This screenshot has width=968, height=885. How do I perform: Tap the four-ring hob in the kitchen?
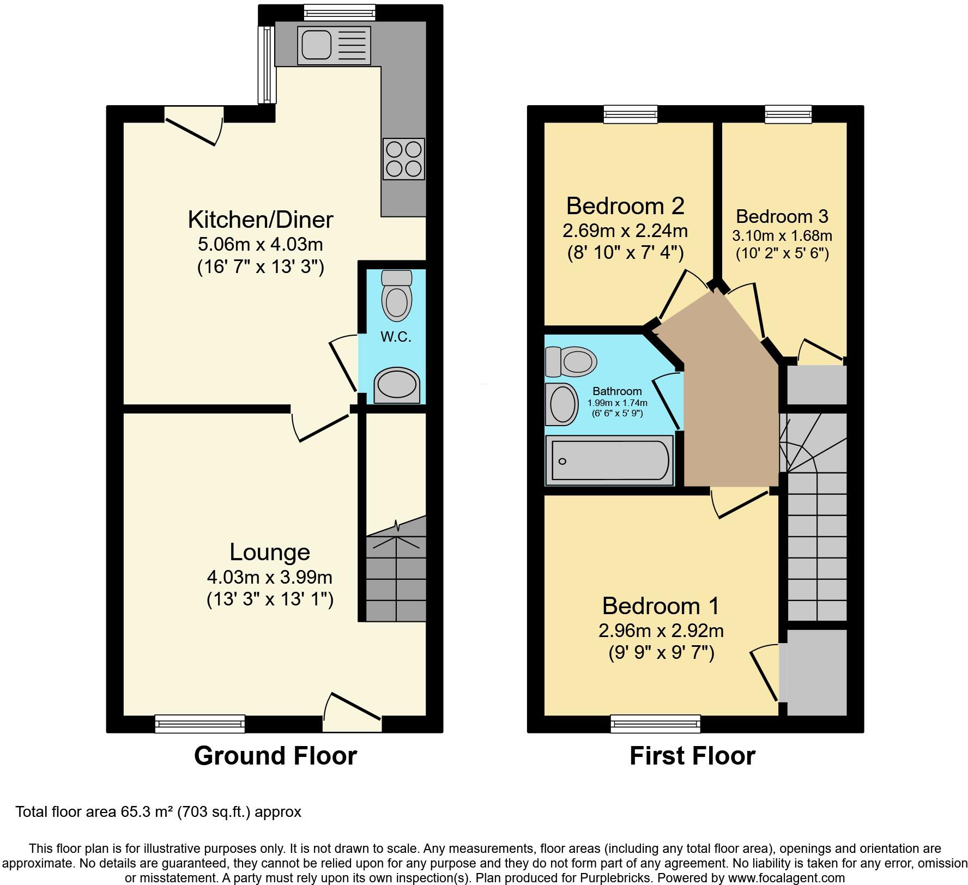coord(404,159)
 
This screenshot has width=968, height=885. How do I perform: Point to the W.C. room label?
coord(396,337)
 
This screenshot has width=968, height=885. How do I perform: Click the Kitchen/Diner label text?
coord(261,220)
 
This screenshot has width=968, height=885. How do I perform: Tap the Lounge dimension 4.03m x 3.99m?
coord(270,577)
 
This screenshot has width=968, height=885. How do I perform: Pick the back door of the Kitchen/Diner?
coord(194,125)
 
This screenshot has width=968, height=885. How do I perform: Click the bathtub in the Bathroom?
coord(610,460)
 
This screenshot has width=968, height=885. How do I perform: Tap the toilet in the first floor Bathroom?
coord(571,361)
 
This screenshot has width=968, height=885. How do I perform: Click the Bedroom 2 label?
coord(625,206)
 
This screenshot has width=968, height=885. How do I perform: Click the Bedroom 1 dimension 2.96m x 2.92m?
coord(661,631)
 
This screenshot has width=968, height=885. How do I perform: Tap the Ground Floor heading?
coord(275,756)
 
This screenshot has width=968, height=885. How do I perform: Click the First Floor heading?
coord(692,756)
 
